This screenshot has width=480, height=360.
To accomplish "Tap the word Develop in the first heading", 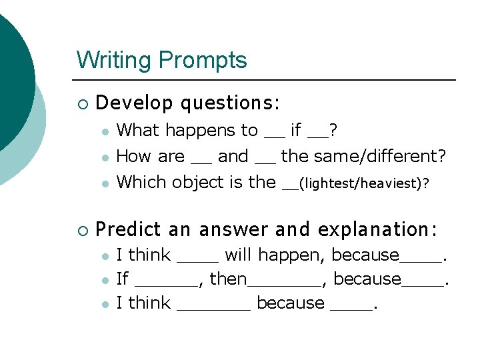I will tap(135, 103).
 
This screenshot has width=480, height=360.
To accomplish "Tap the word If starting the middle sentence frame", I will tap(122, 279).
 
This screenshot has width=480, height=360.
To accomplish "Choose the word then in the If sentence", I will tap(228, 279).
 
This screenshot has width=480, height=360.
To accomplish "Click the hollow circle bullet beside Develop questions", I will tap(82, 104).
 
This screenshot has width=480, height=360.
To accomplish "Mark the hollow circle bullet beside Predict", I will tap(82, 231).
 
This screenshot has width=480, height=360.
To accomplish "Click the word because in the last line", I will tap(291, 303).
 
